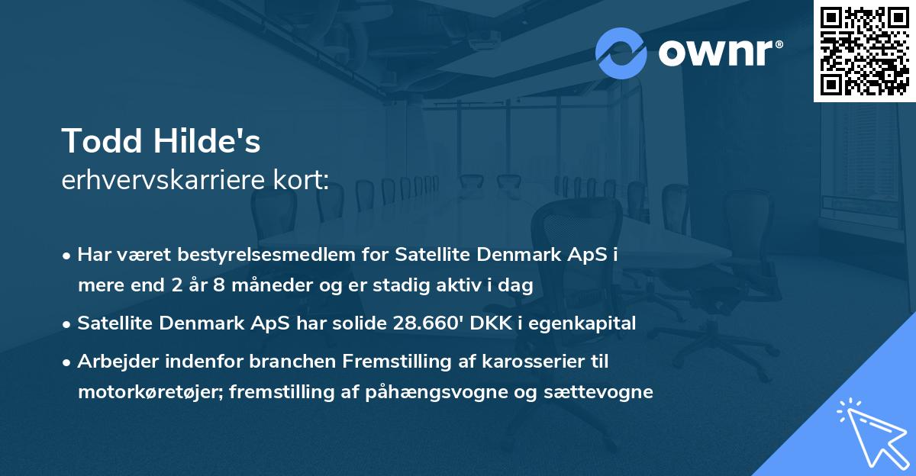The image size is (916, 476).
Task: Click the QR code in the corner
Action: (864, 50)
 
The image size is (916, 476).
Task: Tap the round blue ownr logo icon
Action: (621, 53)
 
